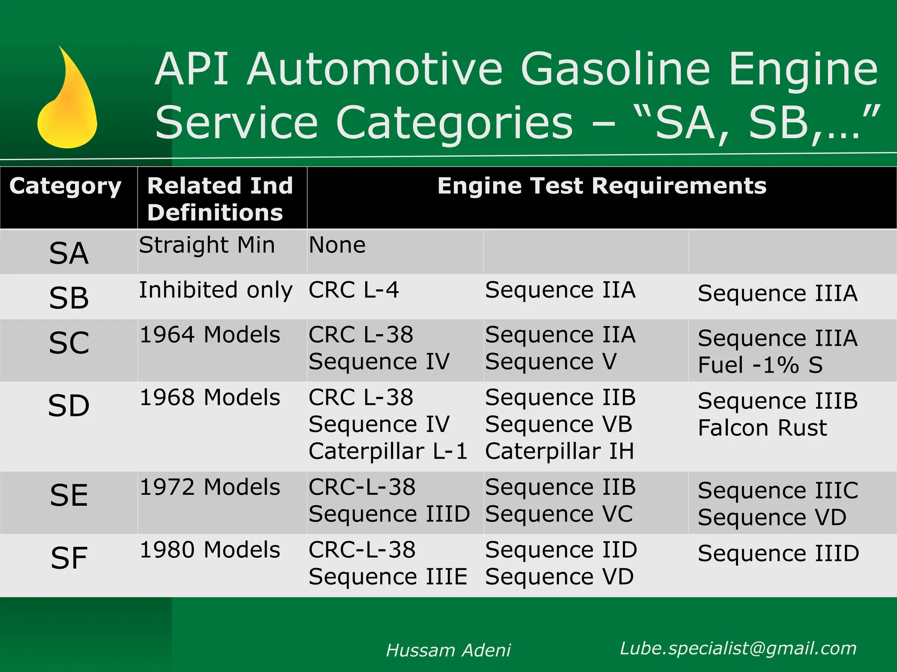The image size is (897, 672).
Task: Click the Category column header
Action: [x=65, y=186]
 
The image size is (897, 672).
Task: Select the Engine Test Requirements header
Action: [x=602, y=186]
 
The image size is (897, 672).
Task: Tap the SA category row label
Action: [x=69, y=253]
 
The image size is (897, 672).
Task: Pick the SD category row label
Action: [x=69, y=406]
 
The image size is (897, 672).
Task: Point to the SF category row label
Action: [x=69, y=558]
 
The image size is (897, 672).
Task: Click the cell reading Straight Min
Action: [x=207, y=245]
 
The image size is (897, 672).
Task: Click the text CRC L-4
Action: [x=353, y=290]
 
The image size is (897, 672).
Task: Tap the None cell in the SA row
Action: [x=337, y=245]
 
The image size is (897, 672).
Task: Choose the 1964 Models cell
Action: [x=210, y=335]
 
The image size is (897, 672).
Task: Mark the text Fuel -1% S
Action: [x=760, y=365]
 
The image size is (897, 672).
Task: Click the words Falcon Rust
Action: [x=762, y=428]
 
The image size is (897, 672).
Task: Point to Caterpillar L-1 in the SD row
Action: [x=388, y=451]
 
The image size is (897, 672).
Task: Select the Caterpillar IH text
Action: [x=559, y=451]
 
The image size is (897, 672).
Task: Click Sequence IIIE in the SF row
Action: [x=388, y=577]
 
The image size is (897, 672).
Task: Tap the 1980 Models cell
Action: [x=210, y=550]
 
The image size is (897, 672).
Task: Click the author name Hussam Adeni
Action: [x=448, y=651]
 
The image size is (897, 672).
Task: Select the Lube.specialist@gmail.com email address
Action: [x=738, y=648]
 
